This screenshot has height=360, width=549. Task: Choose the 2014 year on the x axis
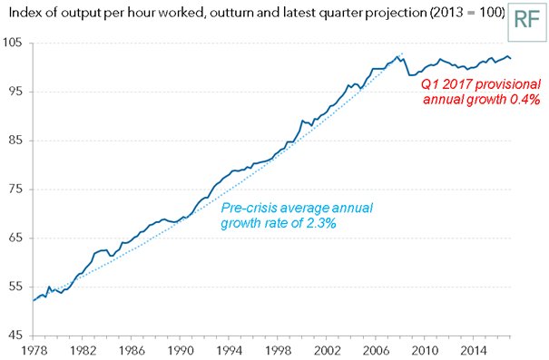click(472, 350)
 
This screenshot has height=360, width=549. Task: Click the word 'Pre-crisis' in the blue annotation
click(251, 207)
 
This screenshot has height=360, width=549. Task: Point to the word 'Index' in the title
click(20, 11)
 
